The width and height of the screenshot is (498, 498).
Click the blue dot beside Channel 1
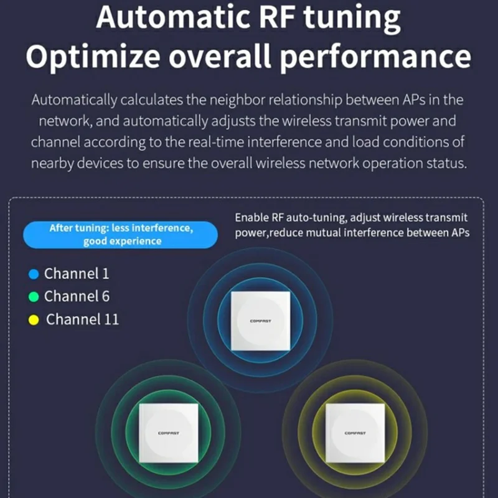[34, 274]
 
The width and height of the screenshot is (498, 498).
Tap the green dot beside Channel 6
[34, 296]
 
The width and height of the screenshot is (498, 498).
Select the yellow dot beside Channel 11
[34, 320]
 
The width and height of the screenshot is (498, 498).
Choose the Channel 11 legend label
[82, 320]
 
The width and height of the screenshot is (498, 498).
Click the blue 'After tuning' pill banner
[120, 235]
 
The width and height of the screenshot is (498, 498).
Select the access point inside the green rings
[168, 431]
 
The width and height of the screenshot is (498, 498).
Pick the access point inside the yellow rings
[355, 431]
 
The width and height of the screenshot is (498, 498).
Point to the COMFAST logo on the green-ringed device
[168, 433]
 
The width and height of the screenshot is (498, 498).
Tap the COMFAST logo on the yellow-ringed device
[355, 433]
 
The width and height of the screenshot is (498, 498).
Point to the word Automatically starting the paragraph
[73, 100]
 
